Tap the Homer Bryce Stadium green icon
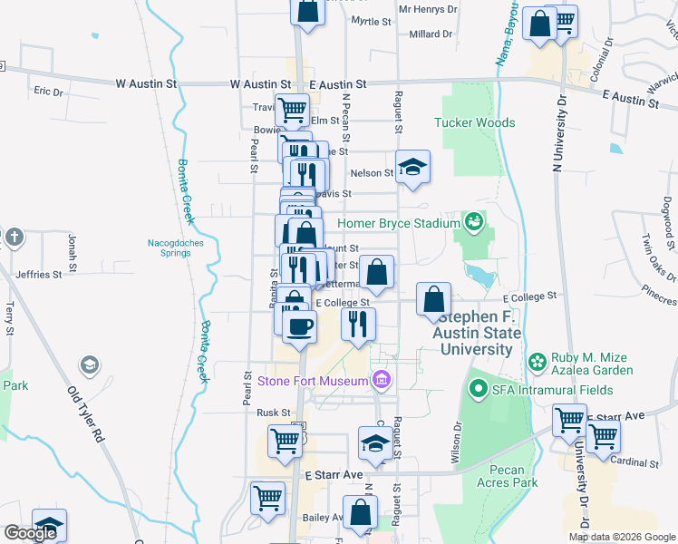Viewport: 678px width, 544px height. [x=472, y=222]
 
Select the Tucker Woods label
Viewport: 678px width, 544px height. [x=474, y=122]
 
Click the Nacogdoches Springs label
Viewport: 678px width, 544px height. [x=176, y=248]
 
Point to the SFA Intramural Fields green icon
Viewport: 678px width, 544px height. [x=478, y=389]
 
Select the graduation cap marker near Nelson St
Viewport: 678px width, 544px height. [x=412, y=167]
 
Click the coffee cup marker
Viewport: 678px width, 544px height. [x=299, y=325]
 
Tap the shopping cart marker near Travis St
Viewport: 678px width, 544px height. [x=292, y=109]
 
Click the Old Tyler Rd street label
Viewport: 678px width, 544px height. [x=86, y=415]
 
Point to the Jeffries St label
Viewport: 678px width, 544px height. [x=38, y=273]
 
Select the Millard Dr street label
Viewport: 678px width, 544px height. [x=431, y=34]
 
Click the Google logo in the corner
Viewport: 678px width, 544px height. [x=30, y=533]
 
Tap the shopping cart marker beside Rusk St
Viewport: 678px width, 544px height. [x=285, y=442]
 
